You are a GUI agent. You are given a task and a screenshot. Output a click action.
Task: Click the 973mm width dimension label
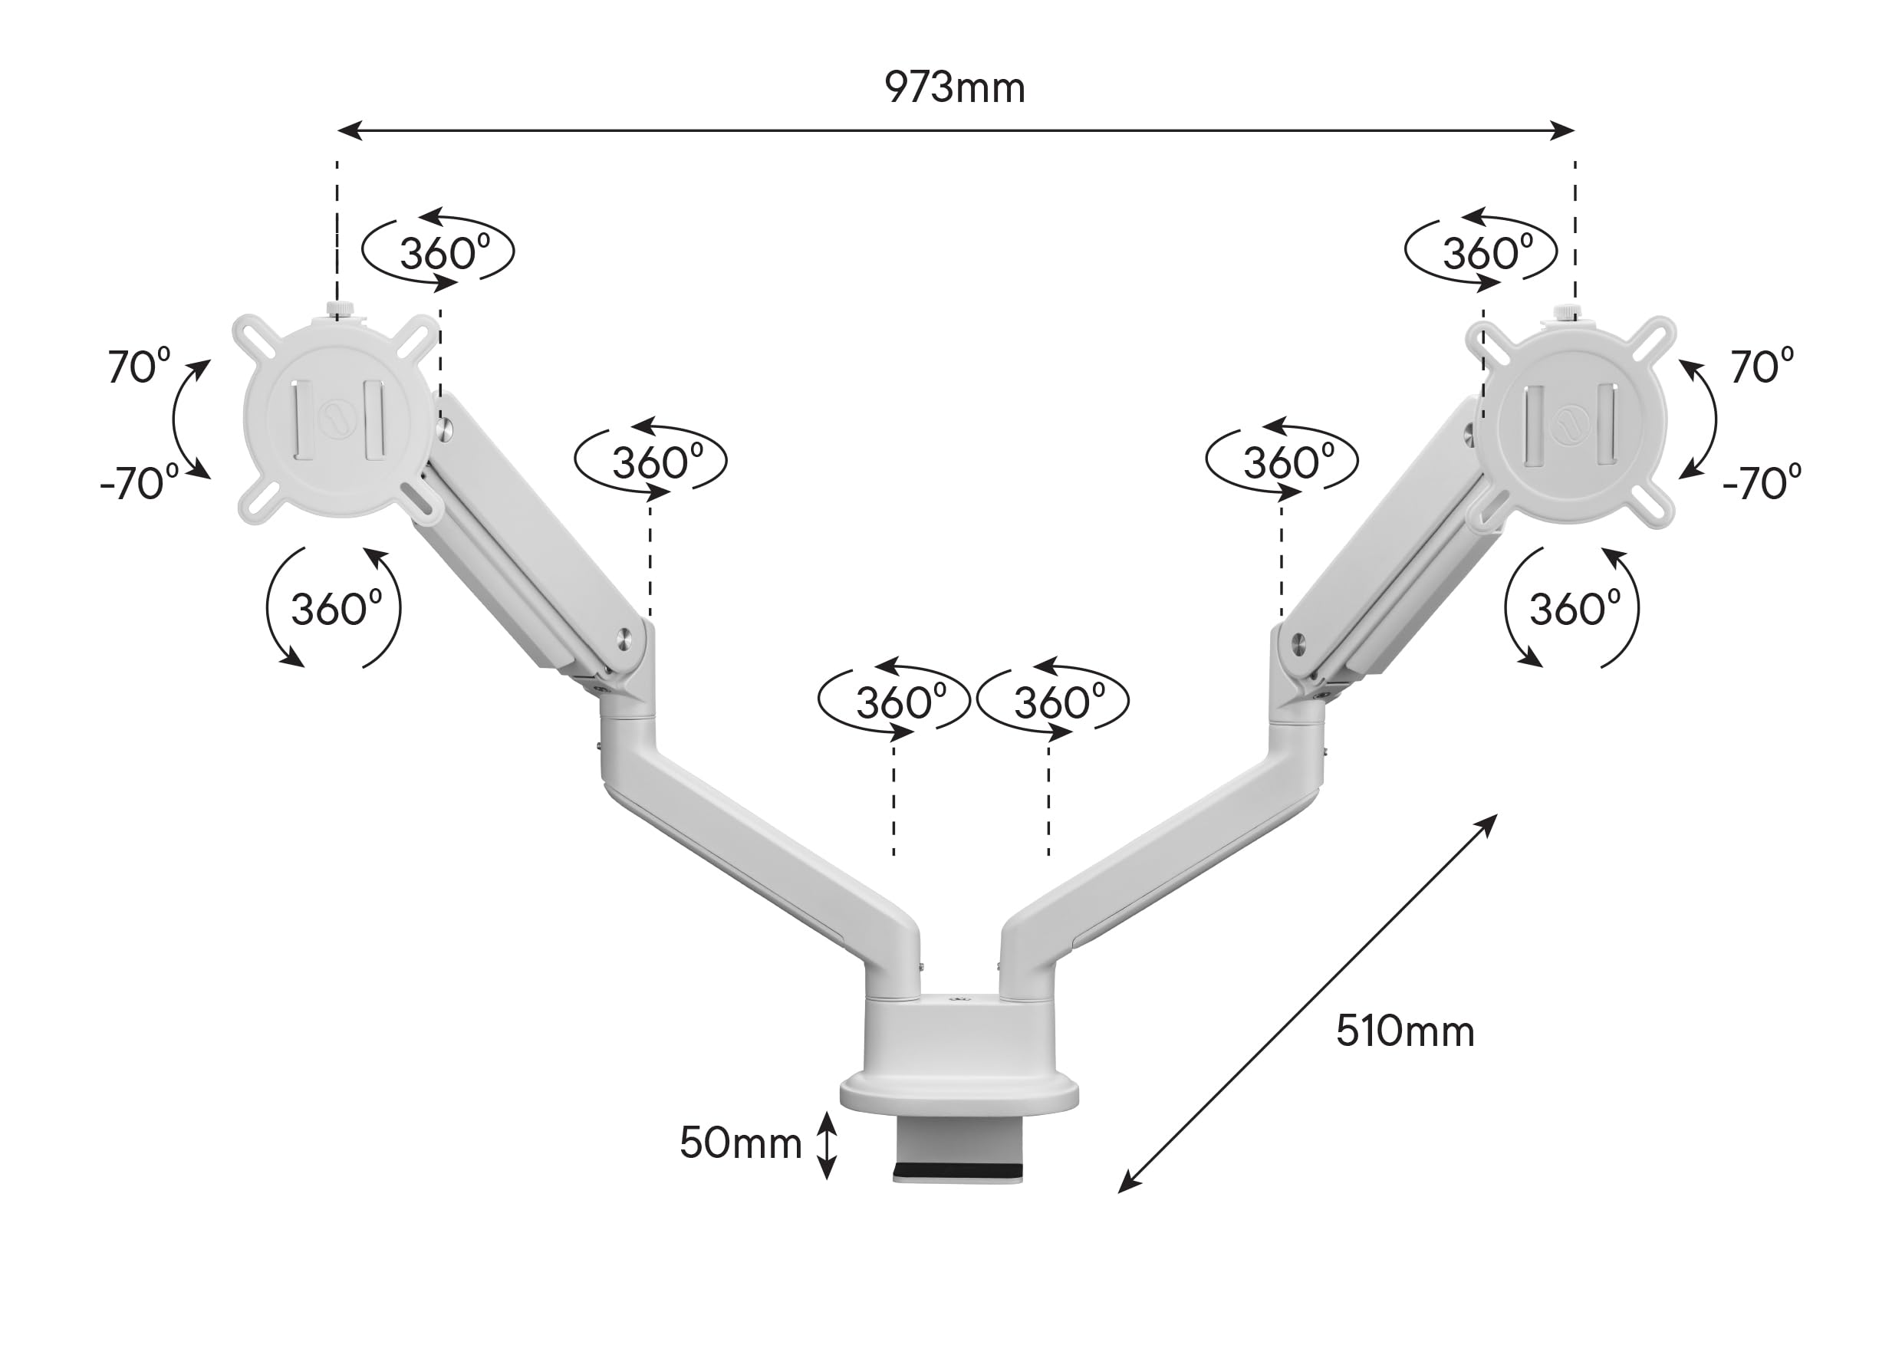(x=954, y=87)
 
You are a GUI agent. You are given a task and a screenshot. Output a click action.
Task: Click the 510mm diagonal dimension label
(x=1405, y=1032)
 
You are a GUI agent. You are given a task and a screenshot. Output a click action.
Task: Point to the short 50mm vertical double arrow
(x=827, y=1146)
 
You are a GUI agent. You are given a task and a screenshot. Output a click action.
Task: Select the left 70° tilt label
(x=139, y=365)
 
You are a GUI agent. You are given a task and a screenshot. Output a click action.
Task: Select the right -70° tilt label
(x=1762, y=482)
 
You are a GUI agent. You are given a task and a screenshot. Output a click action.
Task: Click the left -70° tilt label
(x=139, y=482)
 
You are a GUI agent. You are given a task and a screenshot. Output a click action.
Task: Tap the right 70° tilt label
(x=1762, y=365)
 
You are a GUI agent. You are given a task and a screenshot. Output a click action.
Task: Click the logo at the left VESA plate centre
(x=338, y=413)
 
